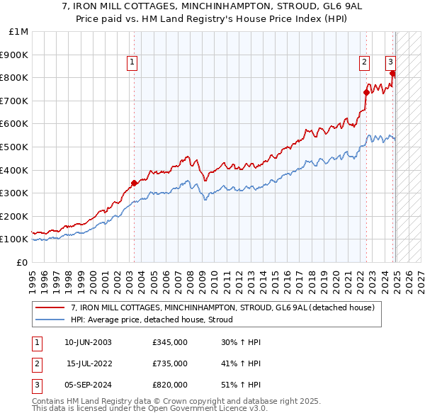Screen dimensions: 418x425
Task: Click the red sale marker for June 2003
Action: pos(135,183)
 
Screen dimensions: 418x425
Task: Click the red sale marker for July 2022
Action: pos(367,91)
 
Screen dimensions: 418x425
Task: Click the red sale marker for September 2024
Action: pos(392,72)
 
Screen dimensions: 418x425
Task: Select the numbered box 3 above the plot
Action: pos(390,62)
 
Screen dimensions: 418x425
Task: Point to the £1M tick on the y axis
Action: pos(19,32)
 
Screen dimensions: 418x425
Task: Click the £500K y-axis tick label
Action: pos(16,147)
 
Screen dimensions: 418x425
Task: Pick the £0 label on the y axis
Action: pos(21,262)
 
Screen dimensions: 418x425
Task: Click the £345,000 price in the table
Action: pos(170,342)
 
